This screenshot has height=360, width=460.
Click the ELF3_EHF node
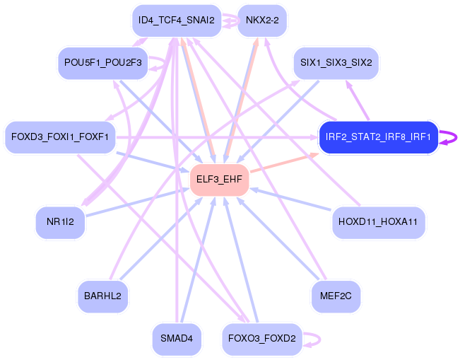tap(219, 180)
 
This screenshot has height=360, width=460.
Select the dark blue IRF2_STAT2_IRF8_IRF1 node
tap(378, 137)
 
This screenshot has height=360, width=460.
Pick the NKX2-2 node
tap(262, 20)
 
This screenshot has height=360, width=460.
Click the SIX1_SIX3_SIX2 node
tap(336, 63)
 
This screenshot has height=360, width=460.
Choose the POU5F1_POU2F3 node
tap(103, 63)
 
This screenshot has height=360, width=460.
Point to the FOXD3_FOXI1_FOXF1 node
tap(59, 137)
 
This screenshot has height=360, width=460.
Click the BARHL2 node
tap(102, 296)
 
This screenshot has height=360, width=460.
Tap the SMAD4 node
tap(177, 339)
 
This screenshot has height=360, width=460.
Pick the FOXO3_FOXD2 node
tap(262, 339)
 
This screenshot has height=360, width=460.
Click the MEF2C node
tap(336, 296)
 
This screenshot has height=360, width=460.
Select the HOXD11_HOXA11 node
tap(378, 222)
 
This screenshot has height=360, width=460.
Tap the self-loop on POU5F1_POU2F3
tap(164, 63)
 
